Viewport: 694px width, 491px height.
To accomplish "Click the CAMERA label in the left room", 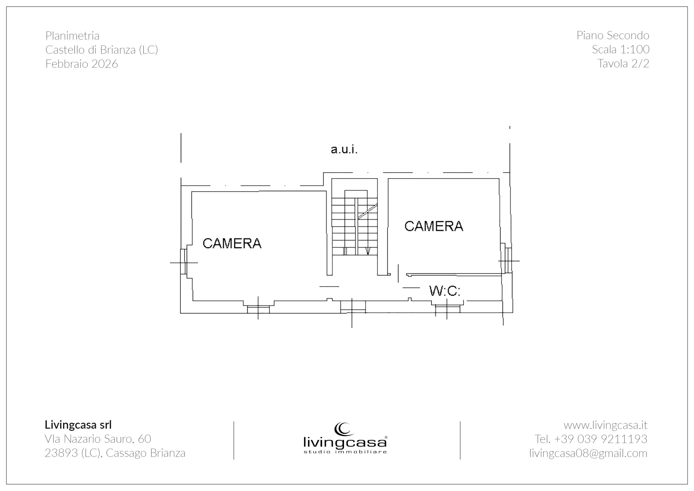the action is [232, 243].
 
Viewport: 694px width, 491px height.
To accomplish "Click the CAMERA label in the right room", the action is [434, 226].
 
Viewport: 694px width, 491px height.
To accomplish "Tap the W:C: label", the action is [445, 291].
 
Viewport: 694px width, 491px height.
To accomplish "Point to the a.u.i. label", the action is [344, 149].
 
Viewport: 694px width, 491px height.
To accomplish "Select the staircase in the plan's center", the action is [355, 222].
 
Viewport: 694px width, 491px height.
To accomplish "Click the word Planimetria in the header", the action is [72, 36].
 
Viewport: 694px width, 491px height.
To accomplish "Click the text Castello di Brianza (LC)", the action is [102, 50].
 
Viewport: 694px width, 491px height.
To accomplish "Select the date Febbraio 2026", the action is [82, 64].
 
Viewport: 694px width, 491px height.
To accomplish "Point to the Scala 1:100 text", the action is [621, 49].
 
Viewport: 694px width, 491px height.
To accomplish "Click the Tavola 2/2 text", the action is [623, 63].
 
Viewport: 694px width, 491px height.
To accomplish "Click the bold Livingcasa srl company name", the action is [78, 425].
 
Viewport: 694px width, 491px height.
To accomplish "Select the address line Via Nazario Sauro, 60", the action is [98, 439].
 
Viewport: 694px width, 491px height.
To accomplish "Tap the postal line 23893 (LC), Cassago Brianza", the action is [115, 453].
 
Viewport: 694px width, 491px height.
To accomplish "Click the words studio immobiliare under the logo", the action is [345, 452].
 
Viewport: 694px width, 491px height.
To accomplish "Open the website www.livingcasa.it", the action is [605, 425].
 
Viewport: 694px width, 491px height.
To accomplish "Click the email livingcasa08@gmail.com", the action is [588, 453].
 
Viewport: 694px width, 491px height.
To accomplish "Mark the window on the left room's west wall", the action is [183, 262].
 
